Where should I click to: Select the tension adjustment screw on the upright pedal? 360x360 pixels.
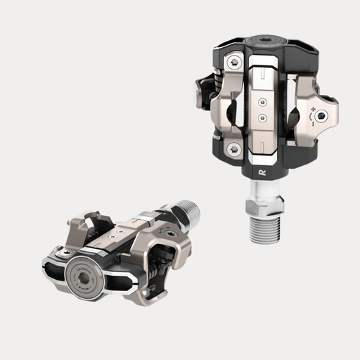tap(322, 115)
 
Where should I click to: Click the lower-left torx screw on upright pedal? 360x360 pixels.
tap(233, 149)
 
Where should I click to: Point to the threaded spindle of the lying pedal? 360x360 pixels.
tap(186, 211)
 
